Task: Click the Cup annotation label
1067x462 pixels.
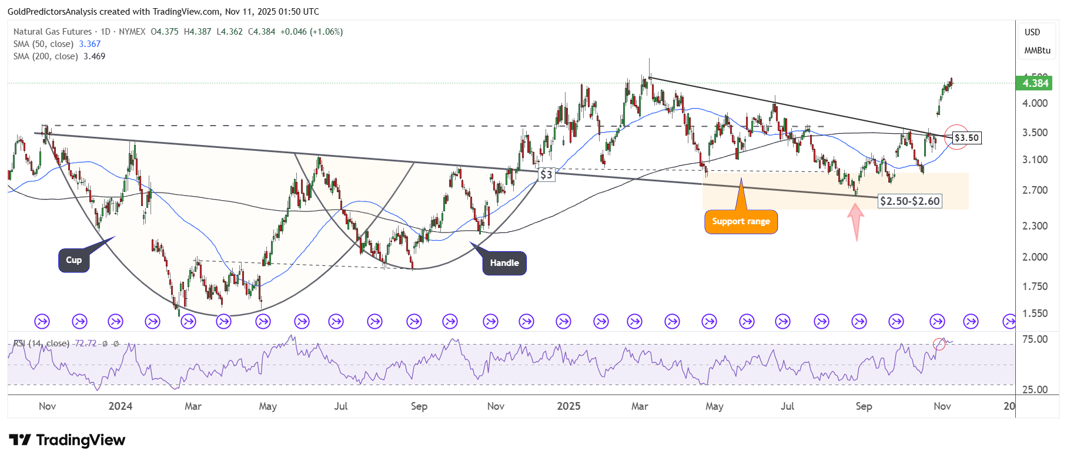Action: coord(74,260)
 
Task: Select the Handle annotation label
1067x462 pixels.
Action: coord(504,263)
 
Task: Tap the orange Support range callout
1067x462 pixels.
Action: coord(741,221)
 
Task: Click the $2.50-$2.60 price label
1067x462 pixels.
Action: coord(909,201)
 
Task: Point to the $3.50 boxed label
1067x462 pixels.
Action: coord(966,138)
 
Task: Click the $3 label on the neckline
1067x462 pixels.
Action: coord(547,174)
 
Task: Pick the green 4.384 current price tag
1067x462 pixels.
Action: coord(1035,83)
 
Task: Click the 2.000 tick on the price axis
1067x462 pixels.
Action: coord(1035,257)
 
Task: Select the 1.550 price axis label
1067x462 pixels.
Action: coord(1035,313)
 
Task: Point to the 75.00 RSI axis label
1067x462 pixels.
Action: coord(1035,339)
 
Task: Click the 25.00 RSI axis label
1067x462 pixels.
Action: coord(1035,390)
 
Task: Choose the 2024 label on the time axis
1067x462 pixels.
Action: coord(121,406)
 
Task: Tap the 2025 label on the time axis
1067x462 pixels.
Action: coord(568,406)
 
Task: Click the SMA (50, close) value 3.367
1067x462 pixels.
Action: coord(90,44)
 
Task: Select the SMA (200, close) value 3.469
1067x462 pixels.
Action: coord(94,56)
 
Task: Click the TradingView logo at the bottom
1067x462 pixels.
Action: coord(68,440)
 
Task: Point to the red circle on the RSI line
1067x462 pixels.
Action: coord(939,345)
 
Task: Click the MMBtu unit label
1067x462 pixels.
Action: coord(1037,50)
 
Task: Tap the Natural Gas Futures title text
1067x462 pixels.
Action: coord(52,32)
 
